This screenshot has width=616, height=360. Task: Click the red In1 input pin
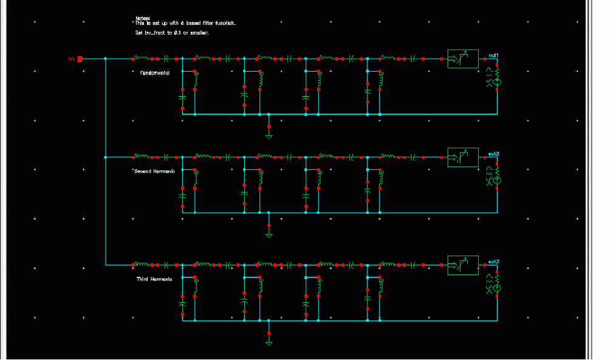pyautogui.click(x=80, y=59)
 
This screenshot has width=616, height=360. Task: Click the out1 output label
pyautogui.click(x=493, y=55)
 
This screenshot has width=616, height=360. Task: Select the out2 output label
pyautogui.click(x=493, y=154)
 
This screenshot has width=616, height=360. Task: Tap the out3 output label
pyautogui.click(x=493, y=262)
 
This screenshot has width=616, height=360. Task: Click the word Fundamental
pyautogui.click(x=151, y=73)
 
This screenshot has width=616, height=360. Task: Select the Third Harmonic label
pyautogui.click(x=154, y=279)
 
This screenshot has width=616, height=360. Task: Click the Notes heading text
pyautogui.click(x=142, y=18)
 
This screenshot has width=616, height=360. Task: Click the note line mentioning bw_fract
pyautogui.click(x=171, y=33)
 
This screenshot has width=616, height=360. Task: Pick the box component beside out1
pyautogui.click(x=463, y=58)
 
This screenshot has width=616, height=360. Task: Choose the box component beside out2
pyautogui.click(x=463, y=157)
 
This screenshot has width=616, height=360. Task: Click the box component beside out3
pyautogui.click(x=463, y=265)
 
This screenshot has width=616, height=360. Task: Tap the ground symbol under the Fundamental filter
pyautogui.click(x=269, y=134)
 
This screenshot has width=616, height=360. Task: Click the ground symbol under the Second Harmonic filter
pyautogui.click(x=269, y=233)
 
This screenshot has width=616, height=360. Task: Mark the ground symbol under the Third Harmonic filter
pyautogui.click(x=269, y=341)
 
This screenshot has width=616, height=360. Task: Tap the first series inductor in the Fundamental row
pyautogui.click(x=142, y=58)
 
